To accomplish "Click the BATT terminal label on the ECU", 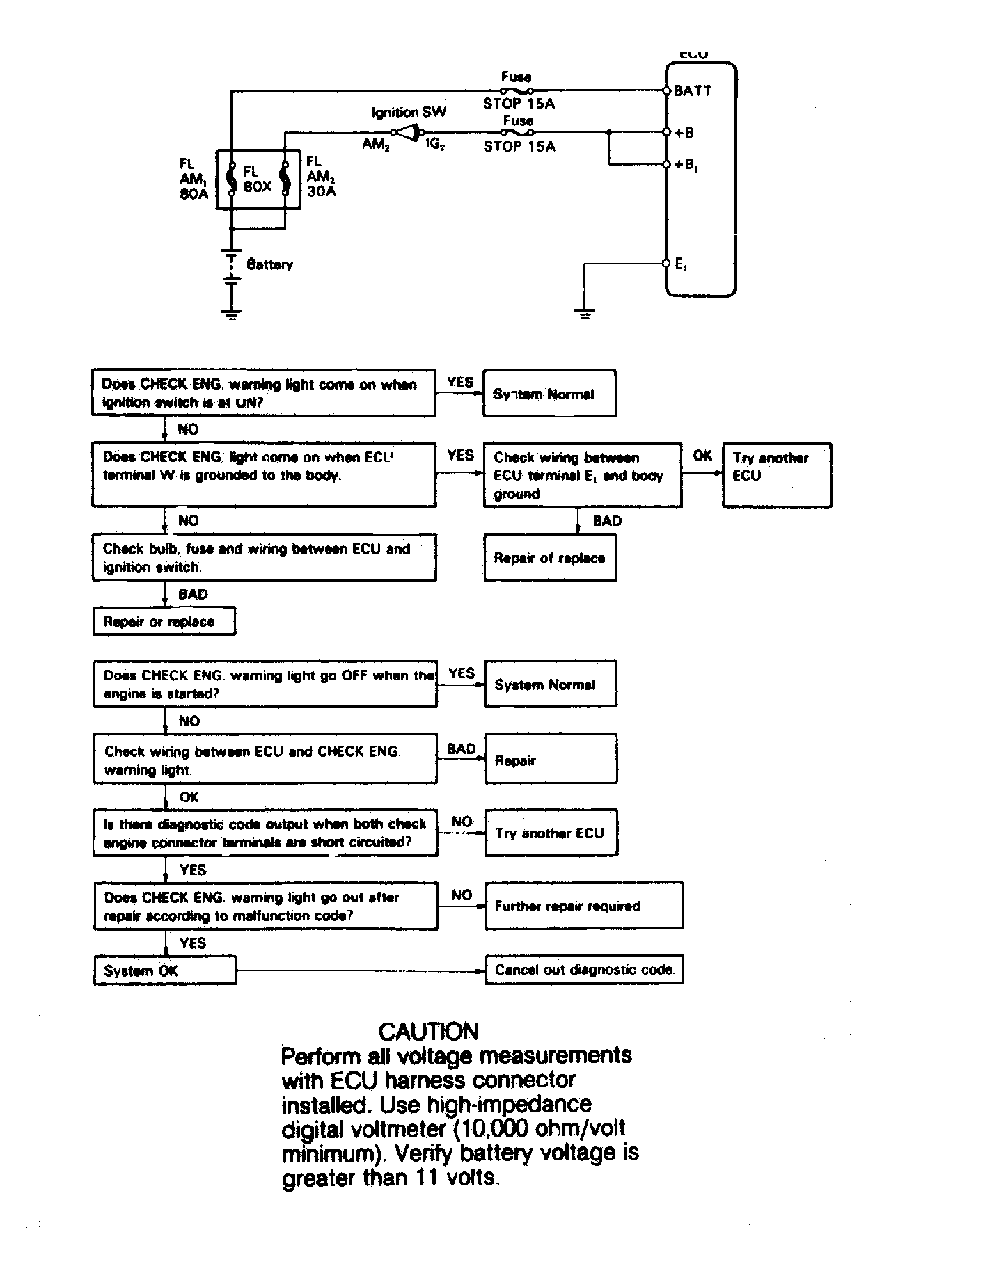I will tap(693, 91).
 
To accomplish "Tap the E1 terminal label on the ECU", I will tap(682, 264).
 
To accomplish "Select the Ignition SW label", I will tap(409, 112).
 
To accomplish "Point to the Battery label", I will tap(269, 264).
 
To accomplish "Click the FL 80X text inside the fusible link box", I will tap(257, 179).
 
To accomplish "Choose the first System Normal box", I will tap(549, 394).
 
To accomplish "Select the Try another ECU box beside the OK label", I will tap(776, 474).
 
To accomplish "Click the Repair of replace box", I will tap(549, 557).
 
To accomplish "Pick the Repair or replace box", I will tap(164, 621).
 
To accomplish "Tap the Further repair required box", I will tap(583, 906).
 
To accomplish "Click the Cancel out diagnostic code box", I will tap(584, 970).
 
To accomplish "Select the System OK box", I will tap(164, 970).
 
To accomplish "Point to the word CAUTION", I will tap(428, 1031).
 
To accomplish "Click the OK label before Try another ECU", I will tap(702, 456).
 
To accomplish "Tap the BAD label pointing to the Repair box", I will tap(461, 749).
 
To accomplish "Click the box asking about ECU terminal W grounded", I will tap(264, 474).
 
